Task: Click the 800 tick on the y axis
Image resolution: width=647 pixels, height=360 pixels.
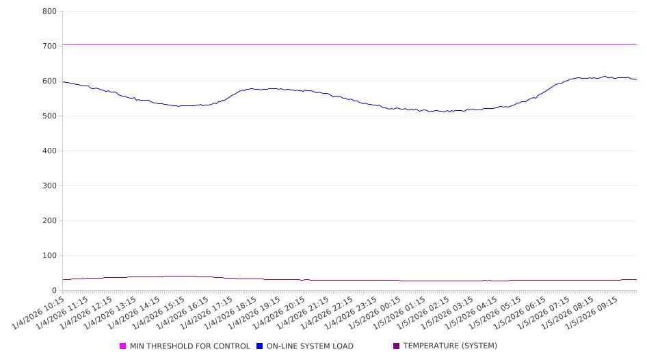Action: pos(49,12)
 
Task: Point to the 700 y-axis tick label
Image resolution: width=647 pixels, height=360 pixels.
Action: pos(49,47)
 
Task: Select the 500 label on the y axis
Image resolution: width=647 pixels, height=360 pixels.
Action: pos(49,116)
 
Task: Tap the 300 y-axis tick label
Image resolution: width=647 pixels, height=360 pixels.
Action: pos(49,186)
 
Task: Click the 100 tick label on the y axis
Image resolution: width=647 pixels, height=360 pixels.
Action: pos(49,256)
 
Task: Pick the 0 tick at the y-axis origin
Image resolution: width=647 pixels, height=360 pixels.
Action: pos(54,291)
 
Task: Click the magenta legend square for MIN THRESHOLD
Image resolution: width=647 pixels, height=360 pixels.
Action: pos(123,346)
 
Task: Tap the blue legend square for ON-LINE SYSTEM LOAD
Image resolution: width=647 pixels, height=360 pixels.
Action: pos(260,346)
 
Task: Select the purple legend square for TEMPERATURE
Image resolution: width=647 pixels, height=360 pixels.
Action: pos(397,346)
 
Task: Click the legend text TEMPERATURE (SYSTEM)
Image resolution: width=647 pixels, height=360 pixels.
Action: pos(450,346)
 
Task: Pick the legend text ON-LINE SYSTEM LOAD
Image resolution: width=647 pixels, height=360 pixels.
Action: pos(310,346)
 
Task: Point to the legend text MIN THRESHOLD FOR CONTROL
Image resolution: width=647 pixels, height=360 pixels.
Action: pos(189,346)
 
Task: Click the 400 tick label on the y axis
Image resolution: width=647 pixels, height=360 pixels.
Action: pos(49,151)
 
